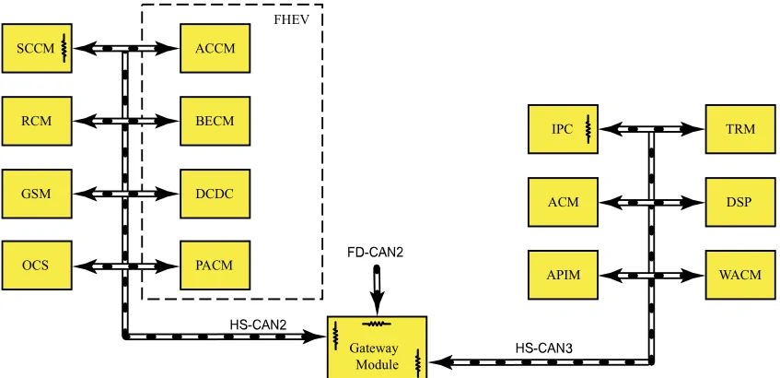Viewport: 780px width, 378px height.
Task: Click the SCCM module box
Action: tap(37, 48)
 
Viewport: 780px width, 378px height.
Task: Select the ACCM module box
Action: tap(215, 48)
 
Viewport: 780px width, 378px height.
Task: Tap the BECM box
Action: tap(215, 121)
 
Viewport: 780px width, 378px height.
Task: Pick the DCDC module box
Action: tap(215, 194)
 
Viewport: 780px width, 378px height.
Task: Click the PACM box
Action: tap(215, 265)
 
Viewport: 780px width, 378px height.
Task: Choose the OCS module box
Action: tap(37, 265)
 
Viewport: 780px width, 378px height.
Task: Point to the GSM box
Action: tap(37, 194)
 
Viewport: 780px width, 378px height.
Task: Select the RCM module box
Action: tap(37, 121)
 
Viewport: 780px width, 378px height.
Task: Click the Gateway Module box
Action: tap(377, 348)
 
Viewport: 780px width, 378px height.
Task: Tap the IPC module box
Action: tap(563, 129)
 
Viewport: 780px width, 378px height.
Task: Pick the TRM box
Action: tap(740, 129)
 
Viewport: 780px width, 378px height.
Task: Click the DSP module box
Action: tap(740, 202)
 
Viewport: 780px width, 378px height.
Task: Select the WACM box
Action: tap(740, 275)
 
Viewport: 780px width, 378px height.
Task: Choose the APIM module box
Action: tap(563, 275)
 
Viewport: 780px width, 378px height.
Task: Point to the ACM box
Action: tap(563, 202)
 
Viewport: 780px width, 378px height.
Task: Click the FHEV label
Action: tap(292, 20)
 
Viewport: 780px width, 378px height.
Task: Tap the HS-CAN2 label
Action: tap(258, 325)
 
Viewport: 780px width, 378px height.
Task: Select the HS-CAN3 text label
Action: tap(543, 348)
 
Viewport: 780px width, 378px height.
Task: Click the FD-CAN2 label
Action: tap(375, 253)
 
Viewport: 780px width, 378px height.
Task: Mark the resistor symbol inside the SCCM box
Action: tap(64, 48)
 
